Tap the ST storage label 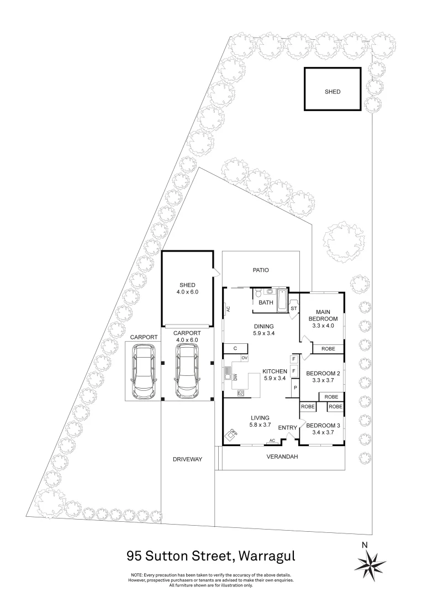[x=294, y=308]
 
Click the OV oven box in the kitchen [x=244, y=358]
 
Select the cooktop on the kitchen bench [x=241, y=392]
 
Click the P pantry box [x=294, y=388]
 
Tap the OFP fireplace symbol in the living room [x=232, y=433]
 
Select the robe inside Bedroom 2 [x=331, y=397]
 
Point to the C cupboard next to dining [x=235, y=348]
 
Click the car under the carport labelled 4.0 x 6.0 [x=187, y=370]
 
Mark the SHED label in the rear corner [x=332, y=92]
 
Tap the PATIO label [x=261, y=270]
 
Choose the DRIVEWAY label [x=187, y=459]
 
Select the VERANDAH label [x=282, y=457]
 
